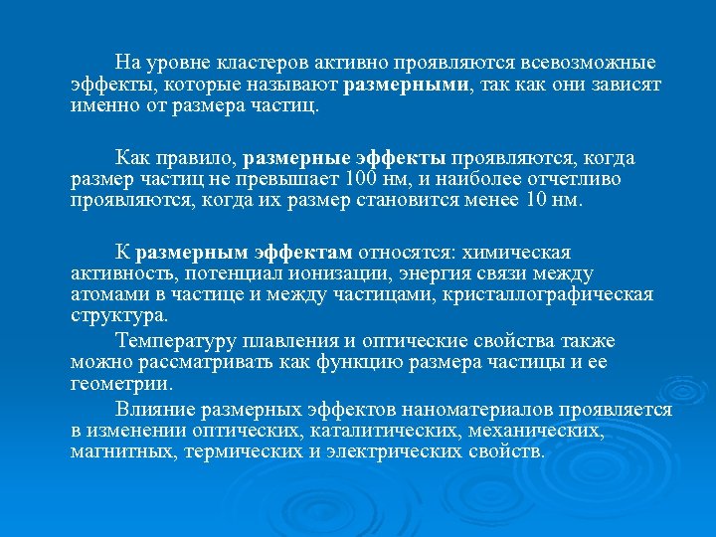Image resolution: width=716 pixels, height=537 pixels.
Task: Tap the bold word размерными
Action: click(409, 86)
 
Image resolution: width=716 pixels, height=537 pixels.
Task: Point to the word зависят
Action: click(628, 86)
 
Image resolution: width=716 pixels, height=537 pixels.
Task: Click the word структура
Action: click(119, 316)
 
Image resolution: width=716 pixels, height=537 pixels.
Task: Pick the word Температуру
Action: click(173, 339)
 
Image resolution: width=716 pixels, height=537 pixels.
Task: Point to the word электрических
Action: click(405, 451)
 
